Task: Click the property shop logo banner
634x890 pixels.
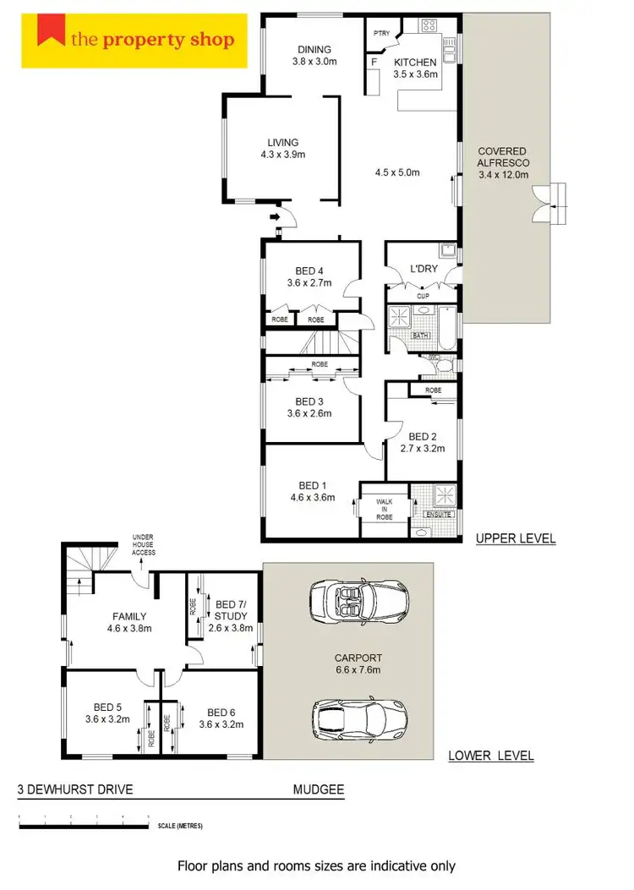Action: coord(134,39)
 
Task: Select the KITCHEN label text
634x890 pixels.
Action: coord(415,63)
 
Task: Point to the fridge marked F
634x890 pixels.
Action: coord(373,63)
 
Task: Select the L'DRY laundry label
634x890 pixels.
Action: coord(422,269)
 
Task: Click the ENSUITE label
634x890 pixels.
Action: coord(440,515)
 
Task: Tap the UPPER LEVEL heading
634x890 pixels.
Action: coord(515,538)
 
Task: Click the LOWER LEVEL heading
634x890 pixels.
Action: coord(490,756)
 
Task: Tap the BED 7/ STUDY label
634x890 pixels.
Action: coord(231,609)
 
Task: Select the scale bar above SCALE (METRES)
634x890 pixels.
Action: coord(84,817)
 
